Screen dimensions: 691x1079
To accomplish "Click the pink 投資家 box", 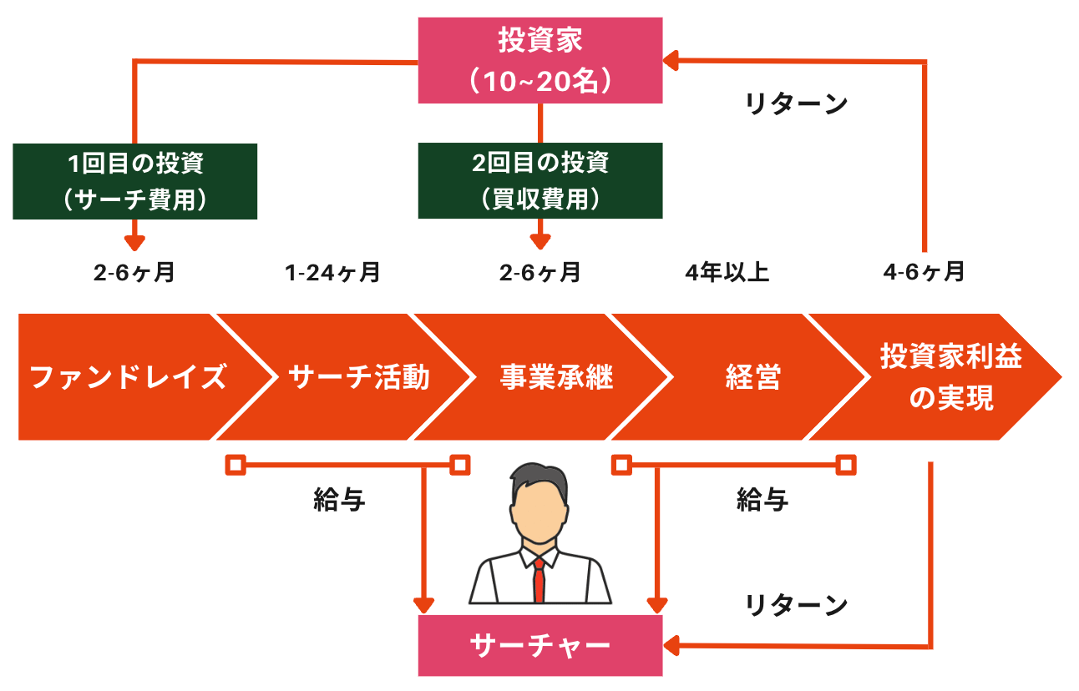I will pyautogui.click(x=539, y=60).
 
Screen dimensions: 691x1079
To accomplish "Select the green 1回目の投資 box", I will pyautogui.click(x=134, y=181).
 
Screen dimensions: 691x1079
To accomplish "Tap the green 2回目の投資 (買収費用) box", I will pyautogui.click(x=539, y=181).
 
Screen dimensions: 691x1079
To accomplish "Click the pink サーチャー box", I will pyautogui.click(x=539, y=645).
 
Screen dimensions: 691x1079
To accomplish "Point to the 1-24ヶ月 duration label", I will pyautogui.click(x=332, y=273).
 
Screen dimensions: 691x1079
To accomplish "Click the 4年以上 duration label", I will pyautogui.click(x=726, y=273).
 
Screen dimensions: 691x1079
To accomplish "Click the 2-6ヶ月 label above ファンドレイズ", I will pyautogui.click(x=134, y=273).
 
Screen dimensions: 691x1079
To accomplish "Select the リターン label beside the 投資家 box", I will pyautogui.click(x=796, y=104).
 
